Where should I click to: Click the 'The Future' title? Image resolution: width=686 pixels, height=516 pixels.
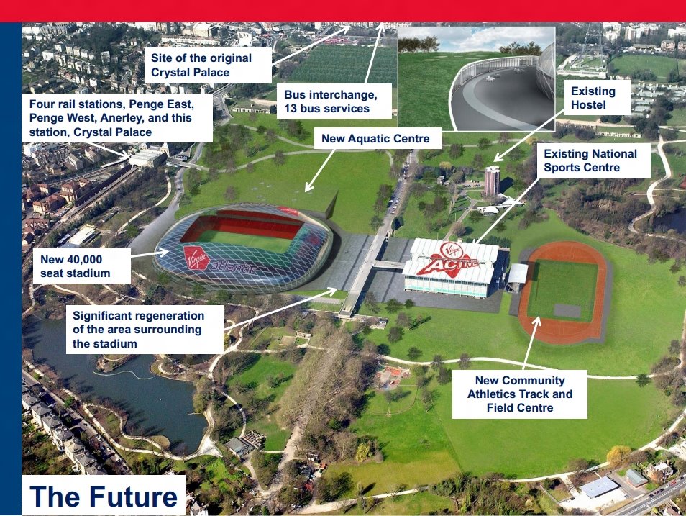click(104, 496)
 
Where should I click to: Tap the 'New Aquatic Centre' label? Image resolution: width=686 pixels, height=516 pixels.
click(375, 138)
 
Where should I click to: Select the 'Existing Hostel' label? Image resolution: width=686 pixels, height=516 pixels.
click(597, 98)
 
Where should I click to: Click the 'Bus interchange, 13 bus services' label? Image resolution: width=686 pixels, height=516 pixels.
click(334, 101)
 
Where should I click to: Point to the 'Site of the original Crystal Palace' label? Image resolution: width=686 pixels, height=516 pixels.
click(208, 65)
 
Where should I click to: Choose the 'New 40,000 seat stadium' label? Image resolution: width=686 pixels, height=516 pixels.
click(81, 266)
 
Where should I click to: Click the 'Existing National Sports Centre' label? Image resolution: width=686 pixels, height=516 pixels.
click(594, 160)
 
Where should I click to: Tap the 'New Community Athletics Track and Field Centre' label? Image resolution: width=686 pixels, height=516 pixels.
click(520, 394)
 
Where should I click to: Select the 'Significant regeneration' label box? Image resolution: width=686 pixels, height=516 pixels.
click(145, 330)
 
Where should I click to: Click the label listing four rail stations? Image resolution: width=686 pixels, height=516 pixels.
click(117, 118)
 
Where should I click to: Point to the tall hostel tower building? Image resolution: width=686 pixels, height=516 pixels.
click(492, 181)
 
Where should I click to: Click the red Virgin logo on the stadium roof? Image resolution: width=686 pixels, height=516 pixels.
click(196, 258)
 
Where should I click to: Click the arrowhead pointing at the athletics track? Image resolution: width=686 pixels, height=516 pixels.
click(537, 321)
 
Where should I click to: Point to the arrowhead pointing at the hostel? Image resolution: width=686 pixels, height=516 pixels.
click(498, 158)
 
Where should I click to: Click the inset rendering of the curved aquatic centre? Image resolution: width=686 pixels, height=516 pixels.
click(477, 79)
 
